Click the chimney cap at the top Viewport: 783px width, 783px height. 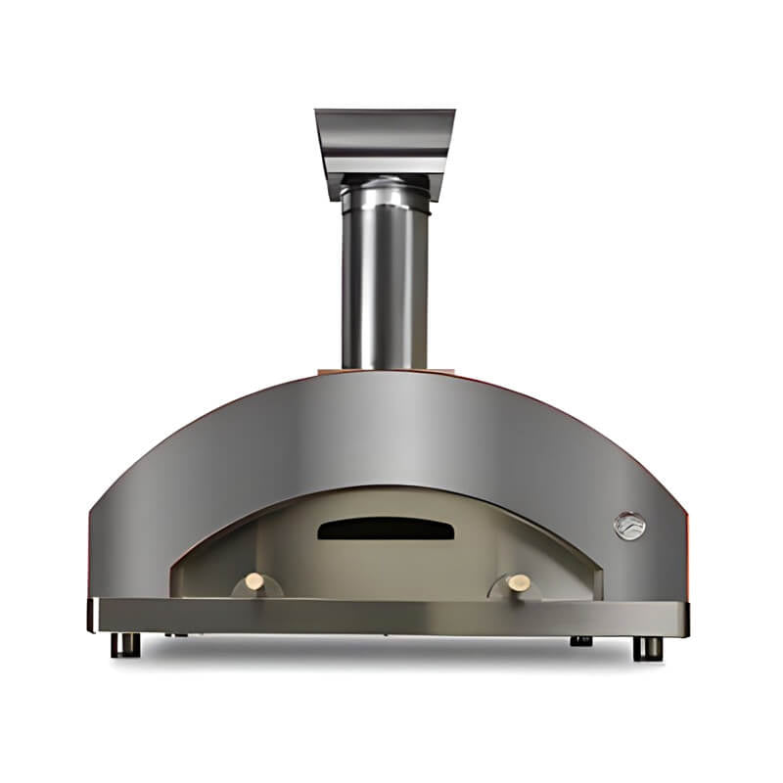[385, 127]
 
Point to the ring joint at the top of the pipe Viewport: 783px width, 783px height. [384, 191]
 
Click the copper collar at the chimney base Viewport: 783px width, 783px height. [386, 370]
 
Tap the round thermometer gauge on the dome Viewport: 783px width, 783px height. [629, 527]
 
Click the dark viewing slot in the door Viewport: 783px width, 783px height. [386, 530]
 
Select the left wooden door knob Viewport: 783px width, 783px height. [254, 581]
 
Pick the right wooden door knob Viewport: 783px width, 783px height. [519, 582]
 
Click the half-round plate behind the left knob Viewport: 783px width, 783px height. [256, 590]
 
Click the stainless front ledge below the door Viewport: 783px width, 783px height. [391, 617]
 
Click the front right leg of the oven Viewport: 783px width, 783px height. [646, 647]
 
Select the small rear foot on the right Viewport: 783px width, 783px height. [581, 641]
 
